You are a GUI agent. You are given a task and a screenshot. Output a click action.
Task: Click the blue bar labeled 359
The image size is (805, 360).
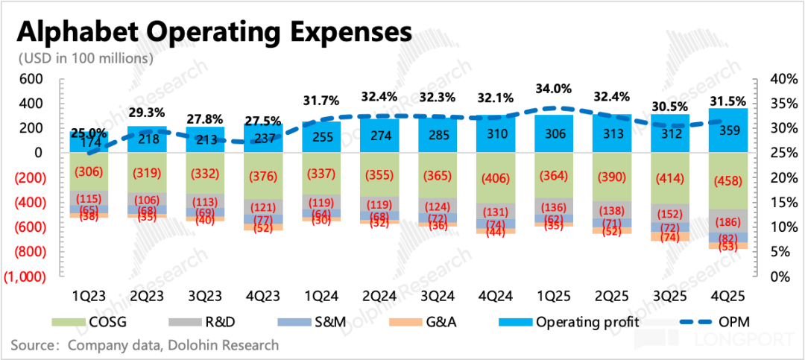(727, 131)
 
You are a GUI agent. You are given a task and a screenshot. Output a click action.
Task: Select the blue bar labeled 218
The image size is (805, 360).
(147, 140)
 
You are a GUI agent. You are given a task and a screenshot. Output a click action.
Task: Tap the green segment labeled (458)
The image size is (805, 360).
(727, 181)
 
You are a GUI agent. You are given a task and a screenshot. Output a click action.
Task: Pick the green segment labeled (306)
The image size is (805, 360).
(89, 171)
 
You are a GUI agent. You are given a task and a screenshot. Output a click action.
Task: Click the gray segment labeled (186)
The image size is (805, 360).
(727, 221)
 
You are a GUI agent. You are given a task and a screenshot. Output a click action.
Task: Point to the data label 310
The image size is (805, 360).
(495, 135)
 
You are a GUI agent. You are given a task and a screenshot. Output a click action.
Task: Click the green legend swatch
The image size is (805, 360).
(69, 322)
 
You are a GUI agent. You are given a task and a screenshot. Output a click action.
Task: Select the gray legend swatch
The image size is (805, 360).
(186, 322)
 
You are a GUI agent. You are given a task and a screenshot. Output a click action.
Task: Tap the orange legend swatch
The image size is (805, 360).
(405, 322)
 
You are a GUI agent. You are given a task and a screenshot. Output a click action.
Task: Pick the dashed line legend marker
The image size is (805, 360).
(695, 322)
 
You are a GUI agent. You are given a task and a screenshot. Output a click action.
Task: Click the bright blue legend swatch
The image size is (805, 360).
(515, 322)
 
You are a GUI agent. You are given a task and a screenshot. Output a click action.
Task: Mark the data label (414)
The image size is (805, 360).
(669, 179)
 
